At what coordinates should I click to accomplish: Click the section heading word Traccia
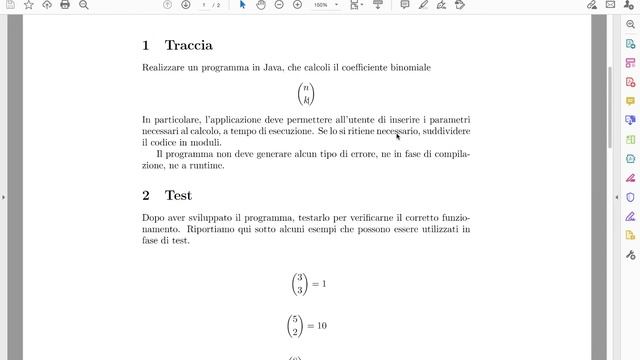188,45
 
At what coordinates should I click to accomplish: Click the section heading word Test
178,195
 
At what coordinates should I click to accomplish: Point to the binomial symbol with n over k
306,95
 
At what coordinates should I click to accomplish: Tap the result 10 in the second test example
321,326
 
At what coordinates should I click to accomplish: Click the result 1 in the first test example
323,284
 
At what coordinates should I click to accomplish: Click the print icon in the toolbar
65,5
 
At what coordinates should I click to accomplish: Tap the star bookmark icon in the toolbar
28,5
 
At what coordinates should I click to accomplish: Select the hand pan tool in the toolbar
260,5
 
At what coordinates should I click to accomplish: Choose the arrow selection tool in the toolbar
242,5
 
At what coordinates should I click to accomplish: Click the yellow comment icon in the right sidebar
630,101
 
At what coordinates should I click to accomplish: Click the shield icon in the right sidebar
630,197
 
